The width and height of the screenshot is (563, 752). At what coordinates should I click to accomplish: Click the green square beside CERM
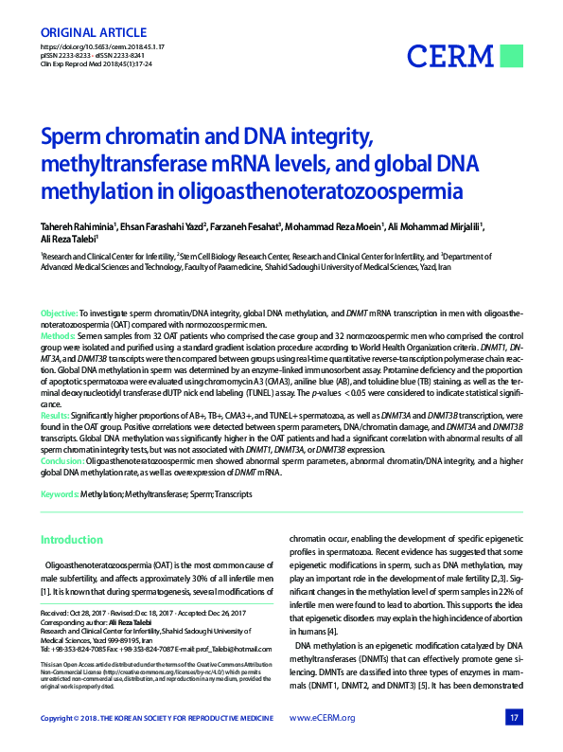(x=512, y=55)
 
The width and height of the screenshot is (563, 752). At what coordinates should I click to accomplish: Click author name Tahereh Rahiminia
(x=78, y=226)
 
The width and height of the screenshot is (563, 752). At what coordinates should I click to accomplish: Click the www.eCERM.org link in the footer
(x=322, y=717)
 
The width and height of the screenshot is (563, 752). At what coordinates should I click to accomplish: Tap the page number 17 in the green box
(x=514, y=717)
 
